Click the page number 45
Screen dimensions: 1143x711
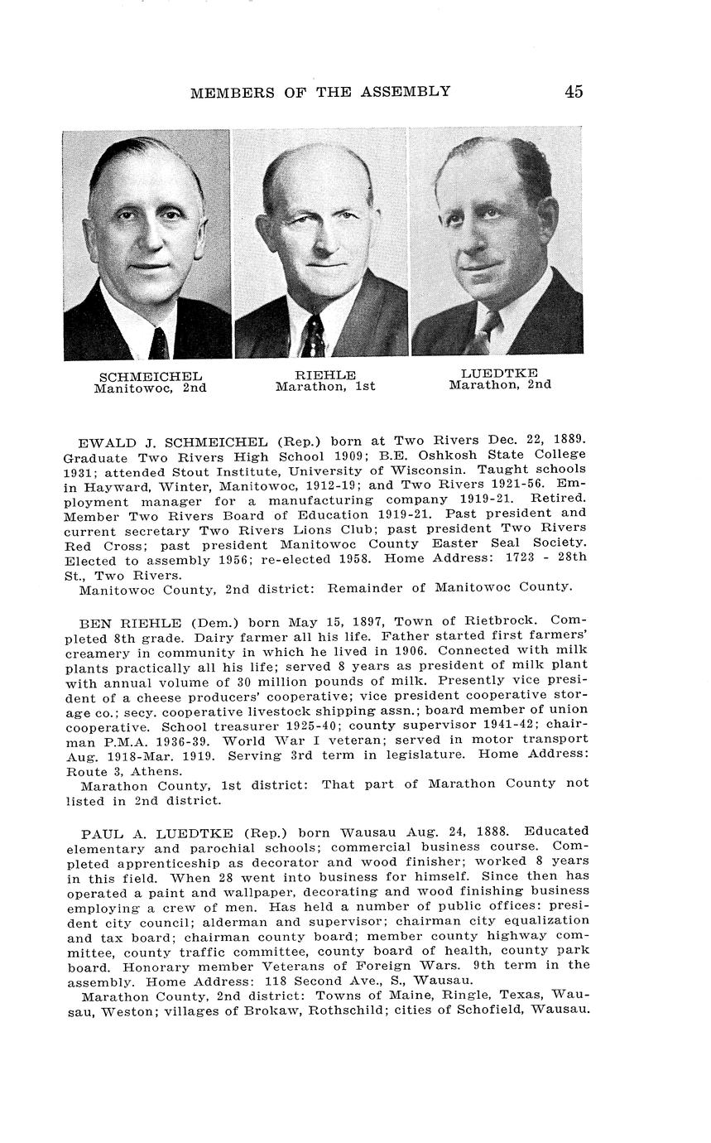pyautogui.click(x=574, y=91)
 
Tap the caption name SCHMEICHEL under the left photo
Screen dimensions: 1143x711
pyautogui.click(x=150, y=377)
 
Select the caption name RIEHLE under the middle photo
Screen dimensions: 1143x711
pyautogui.click(x=325, y=375)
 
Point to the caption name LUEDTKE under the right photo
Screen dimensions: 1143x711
pyautogui.click(x=499, y=374)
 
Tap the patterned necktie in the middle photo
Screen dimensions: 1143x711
pyautogui.click(x=313, y=335)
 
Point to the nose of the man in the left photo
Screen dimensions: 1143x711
pyautogui.click(x=146, y=240)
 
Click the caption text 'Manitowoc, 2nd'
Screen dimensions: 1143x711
pyautogui.click(x=150, y=388)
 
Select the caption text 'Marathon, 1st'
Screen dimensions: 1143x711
pyautogui.click(x=325, y=386)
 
